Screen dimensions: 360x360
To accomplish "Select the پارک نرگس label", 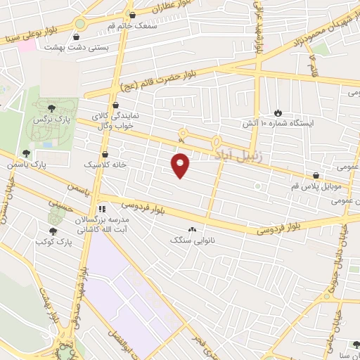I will point(49,121).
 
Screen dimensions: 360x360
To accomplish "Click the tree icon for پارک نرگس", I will point(51,108).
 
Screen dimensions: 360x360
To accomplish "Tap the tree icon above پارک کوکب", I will point(53,230).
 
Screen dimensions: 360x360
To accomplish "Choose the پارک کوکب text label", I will point(53,241).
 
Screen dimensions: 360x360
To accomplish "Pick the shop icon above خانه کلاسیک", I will point(105,153).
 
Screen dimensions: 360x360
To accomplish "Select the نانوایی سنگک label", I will point(191,240).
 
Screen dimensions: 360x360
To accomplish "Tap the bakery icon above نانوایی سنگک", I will point(192,229).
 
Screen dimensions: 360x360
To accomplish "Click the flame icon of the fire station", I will point(278,112).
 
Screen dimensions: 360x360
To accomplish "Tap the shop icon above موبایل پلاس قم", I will point(316,175).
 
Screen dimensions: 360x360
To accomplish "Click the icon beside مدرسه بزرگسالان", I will point(102,209).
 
